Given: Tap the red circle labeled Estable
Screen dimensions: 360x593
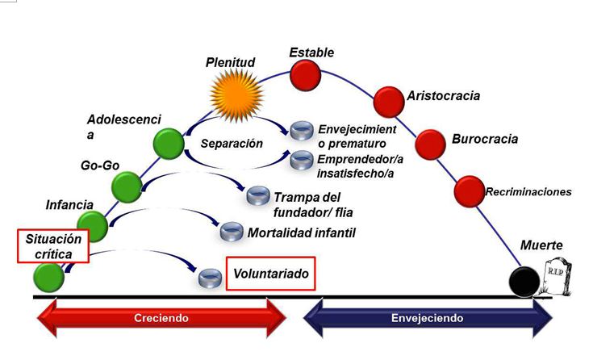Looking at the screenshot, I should pos(306,77).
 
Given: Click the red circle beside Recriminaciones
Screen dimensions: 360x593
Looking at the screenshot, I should pos(469,191).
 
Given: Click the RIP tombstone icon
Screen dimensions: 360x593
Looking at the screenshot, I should pos(558,277).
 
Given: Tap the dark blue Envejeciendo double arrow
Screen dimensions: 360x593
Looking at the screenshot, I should pos(428,318).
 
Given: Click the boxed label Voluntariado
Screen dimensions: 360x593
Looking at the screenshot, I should pos(270,274).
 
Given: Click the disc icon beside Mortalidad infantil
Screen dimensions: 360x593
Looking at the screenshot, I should pos(232,232).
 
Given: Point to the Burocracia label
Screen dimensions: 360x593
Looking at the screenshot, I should pos(485,139).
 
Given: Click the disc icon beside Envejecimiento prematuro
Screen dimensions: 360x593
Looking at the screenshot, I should pos(302,131).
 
